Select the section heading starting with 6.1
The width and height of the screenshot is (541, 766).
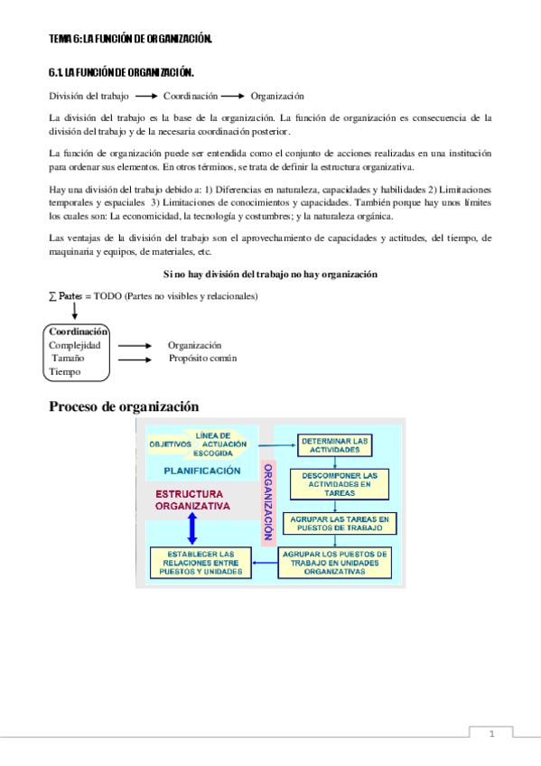pyautogui.click(x=121, y=71)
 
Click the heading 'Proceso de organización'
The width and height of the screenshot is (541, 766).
pyautogui.click(x=123, y=406)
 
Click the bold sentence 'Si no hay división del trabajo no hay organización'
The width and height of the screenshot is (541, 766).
pyautogui.click(x=270, y=274)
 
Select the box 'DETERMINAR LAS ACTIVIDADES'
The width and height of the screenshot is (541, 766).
pyautogui.click(x=334, y=444)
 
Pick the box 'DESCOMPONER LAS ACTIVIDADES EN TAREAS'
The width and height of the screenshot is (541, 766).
pyautogui.click(x=334, y=483)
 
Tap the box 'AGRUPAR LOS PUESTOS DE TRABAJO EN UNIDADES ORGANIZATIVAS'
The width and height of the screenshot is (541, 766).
pyautogui.click(x=335, y=563)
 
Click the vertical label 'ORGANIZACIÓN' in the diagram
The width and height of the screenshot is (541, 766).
pyautogui.click(x=267, y=502)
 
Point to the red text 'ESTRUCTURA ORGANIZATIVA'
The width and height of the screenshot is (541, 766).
pyautogui.click(x=192, y=500)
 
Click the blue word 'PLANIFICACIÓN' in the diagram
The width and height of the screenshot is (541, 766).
pyautogui.click(x=202, y=471)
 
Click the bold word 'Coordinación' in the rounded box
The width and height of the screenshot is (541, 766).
pyautogui.click(x=79, y=332)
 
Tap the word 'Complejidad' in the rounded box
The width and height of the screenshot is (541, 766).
pyautogui.click(x=75, y=345)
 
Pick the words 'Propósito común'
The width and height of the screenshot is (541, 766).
pyautogui.click(x=202, y=359)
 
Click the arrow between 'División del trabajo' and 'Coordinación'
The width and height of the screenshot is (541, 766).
pyautogui.click(x=145, y=96)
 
